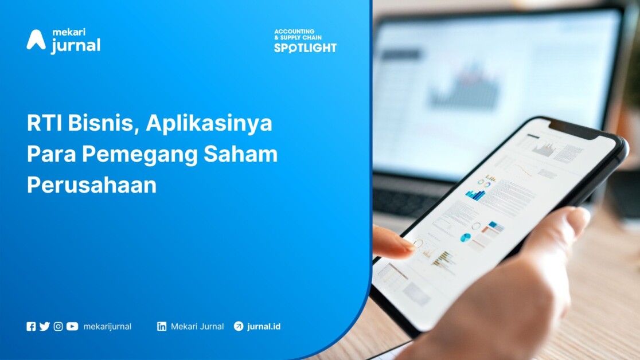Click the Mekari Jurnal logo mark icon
click(36, 40)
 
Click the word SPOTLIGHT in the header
click(305, 48)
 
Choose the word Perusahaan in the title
click(92, 185)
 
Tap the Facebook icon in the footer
click(31, 327)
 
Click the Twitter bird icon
click(44, 327)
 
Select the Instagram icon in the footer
click(58, 327)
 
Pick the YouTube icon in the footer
click(72, 327)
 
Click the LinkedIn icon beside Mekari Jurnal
click(162, 327)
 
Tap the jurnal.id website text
click(264, 327)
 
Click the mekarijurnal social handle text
click(107, 327)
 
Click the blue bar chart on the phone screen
click(475, 195)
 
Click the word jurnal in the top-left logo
click(75, 45)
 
